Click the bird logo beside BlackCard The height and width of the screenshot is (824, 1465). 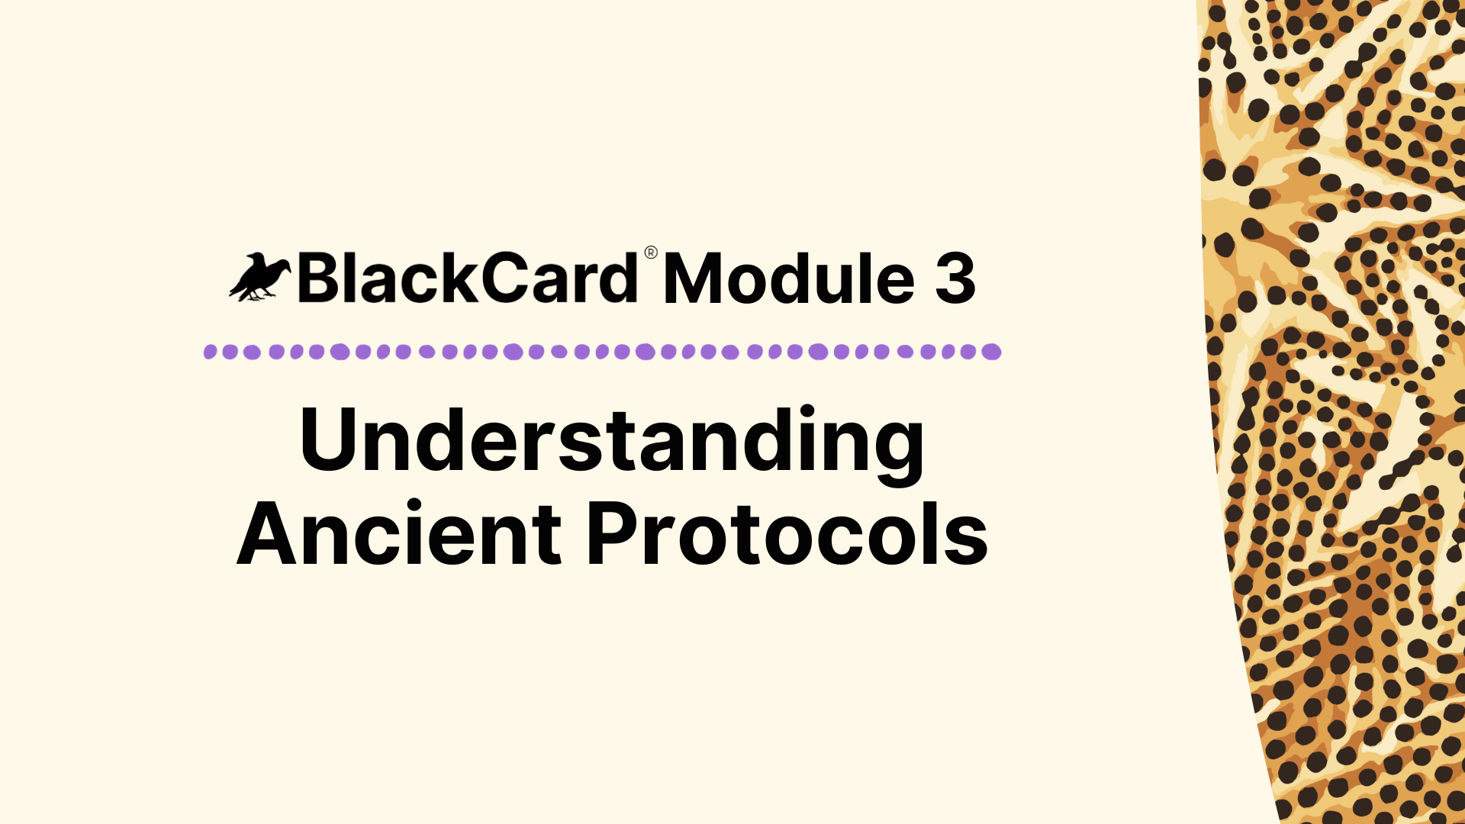259,278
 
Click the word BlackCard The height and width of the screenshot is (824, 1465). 467,278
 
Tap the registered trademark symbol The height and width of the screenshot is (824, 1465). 651,253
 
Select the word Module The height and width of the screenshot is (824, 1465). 789,279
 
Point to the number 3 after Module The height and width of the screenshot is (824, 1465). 955,279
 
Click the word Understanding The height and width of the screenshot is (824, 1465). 612,440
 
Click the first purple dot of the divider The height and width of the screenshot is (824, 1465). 211,352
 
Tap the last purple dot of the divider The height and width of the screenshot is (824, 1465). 991,352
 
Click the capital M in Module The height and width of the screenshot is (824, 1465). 694,279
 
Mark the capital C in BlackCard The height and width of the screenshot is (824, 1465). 507,278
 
